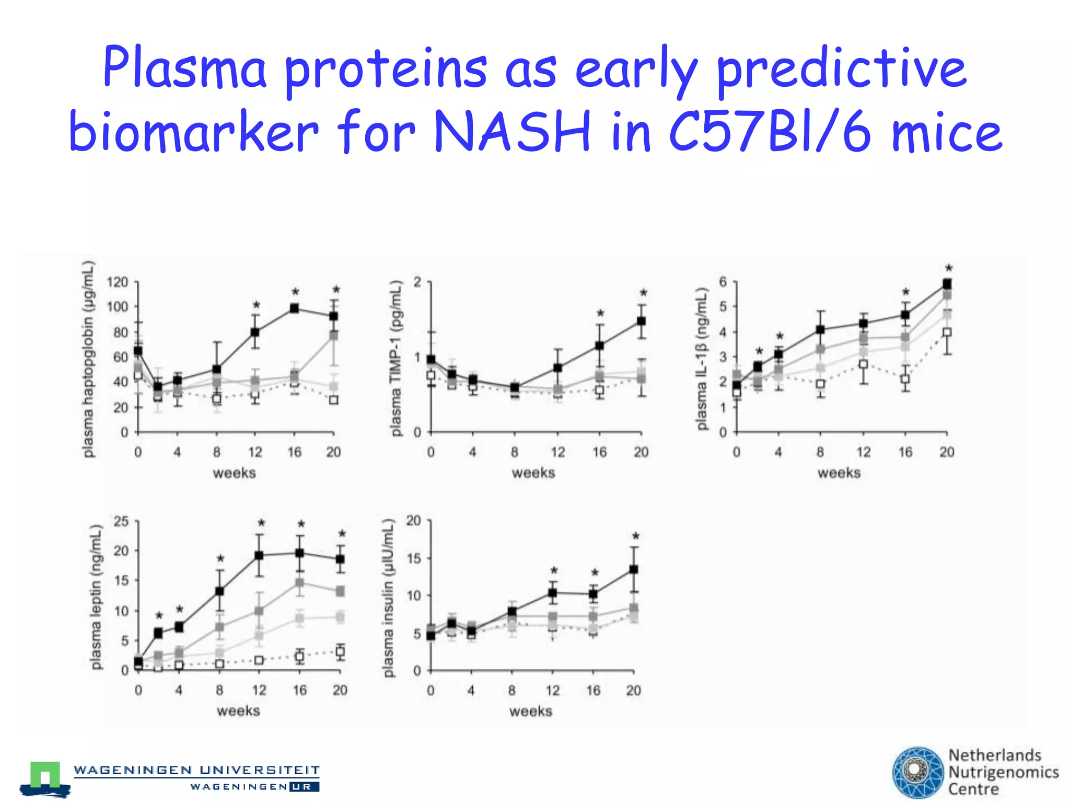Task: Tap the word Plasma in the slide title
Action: click(185, 68)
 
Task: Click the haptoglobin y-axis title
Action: click(89, 359)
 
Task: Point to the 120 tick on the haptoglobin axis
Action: click(117, 282)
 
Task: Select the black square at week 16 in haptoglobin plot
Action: click(294, 308)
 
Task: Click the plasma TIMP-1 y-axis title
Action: click(397, 358)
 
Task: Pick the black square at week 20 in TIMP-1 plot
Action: click(641, 322)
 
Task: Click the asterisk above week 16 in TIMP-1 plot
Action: click(600, 314)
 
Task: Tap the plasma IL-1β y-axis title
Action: click(702, 359)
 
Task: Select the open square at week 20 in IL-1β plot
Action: click(947, 332)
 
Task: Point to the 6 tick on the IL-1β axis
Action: click(723, 282)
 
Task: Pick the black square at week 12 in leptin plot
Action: click(259, 555)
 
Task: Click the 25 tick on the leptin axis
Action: click(121, 521)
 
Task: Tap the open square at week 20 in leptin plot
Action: click(340, 651)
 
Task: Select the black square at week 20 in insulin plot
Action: click(633, 569)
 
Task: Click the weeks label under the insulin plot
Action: click(530, 711)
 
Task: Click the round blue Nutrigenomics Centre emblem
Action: click(918, 773)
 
